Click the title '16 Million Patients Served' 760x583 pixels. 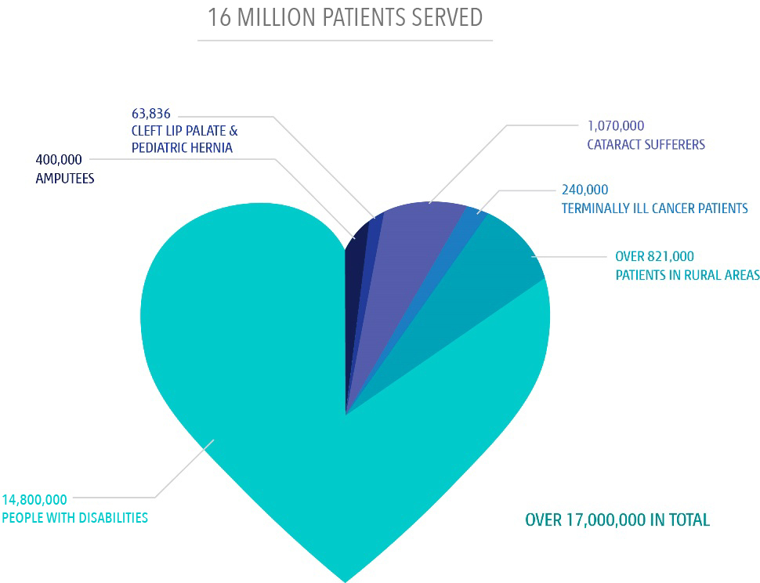(x=345, y=17)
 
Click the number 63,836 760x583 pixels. (x=151, y=114)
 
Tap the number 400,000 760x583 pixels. (x=59, y=159)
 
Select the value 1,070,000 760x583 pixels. (x=616, y=126)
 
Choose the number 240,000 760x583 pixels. (x=585, y=190)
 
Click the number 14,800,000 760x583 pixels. (x=34, y=499)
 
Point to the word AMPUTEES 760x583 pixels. (x=65, y=179)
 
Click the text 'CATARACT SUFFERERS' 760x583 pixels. (x=646, y=144)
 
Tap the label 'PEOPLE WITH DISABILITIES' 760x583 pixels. (x=75, y=518)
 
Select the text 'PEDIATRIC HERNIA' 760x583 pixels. (x=183, y=147)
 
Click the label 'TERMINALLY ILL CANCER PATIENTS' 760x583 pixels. (x=655, y=208)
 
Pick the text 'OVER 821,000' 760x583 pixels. (x=655, y=256)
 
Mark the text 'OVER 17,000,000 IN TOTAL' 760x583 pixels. (x=617, y=520)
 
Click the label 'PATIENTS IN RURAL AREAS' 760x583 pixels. (x=688, y=275)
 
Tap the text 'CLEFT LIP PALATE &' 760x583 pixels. (x=185, y=131)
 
